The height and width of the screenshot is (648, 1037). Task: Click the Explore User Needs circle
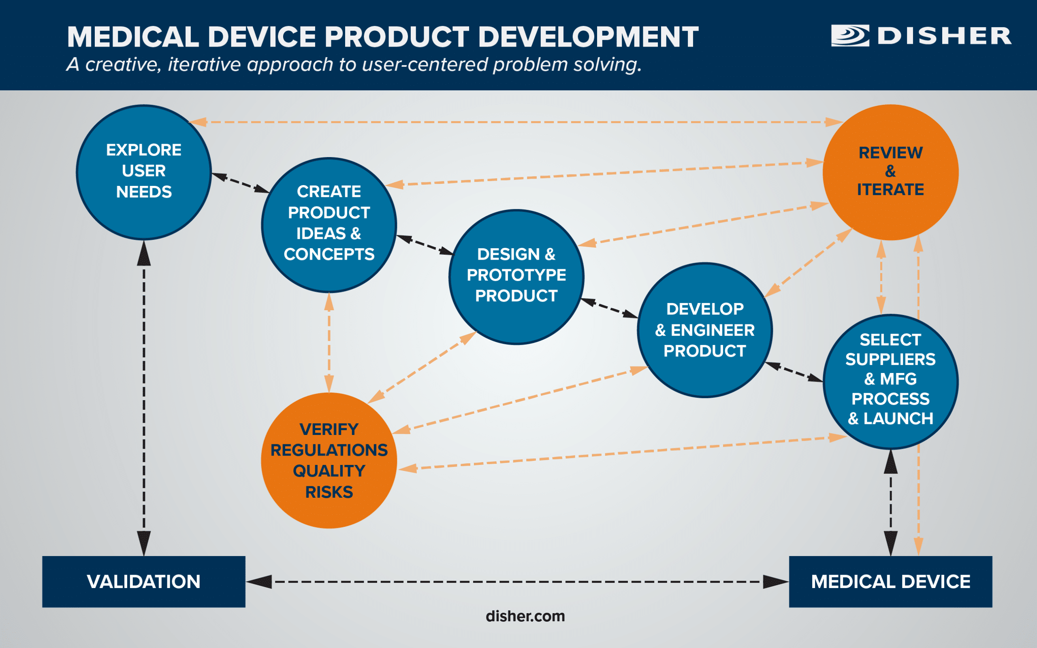click(143, 172)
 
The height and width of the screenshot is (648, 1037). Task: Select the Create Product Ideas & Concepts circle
click(329, 225)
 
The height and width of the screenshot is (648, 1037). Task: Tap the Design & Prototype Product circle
click(516, 277)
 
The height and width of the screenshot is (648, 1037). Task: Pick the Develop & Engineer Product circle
click(704, 330)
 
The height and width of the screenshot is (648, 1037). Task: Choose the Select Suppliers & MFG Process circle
click(890, 382)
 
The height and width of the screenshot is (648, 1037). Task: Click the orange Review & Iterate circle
click(890, 172)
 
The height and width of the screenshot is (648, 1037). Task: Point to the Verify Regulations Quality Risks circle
click(329, 460)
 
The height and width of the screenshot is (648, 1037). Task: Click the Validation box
click(143, 582)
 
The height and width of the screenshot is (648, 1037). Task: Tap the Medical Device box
click(890, 582)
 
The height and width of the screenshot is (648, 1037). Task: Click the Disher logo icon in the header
click(850, 36)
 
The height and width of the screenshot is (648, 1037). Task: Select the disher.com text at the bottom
click(525, 616)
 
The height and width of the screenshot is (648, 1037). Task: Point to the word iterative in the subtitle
click(205, 65)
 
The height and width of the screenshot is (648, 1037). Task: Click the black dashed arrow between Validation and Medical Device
click(516, 582)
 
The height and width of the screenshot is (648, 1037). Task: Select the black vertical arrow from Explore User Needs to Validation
click(143, 399)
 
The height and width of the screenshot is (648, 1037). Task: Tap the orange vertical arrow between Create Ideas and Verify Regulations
click(329, 343)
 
